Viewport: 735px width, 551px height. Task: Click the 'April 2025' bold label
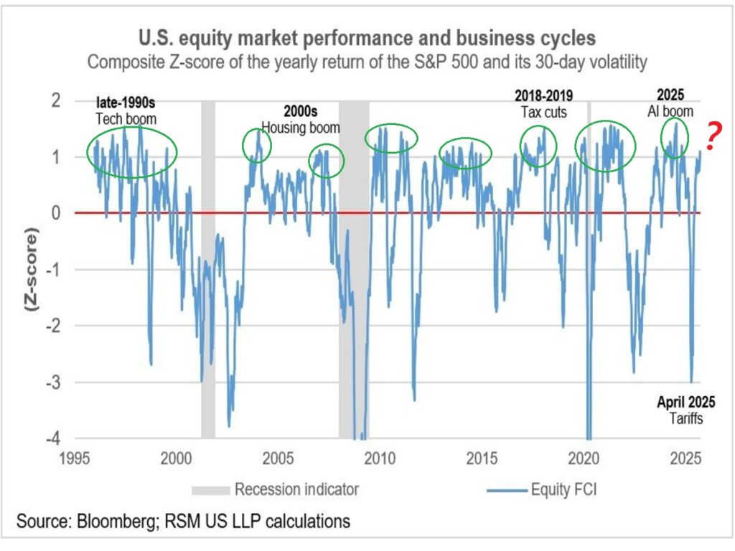click(685, 402)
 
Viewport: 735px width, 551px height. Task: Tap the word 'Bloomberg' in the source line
click(106, 521)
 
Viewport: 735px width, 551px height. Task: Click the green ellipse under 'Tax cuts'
click(538, 146)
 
